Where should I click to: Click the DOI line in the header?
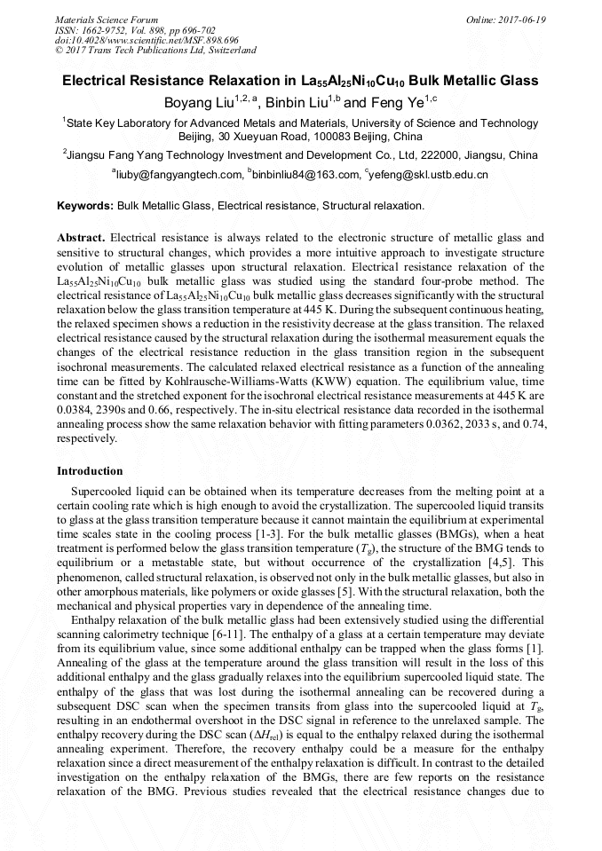(134, 40)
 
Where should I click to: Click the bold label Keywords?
(85, 206)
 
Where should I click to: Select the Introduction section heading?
(90, 471)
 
